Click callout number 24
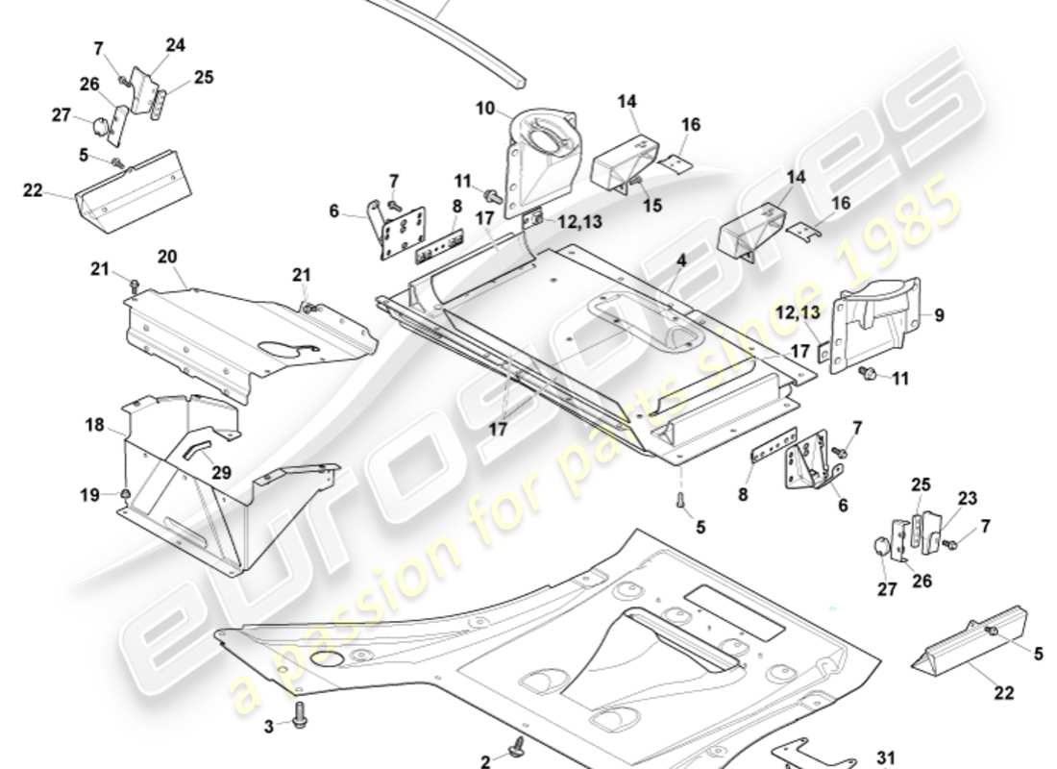click(x=175, y=44)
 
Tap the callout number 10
click(x=485, y=109)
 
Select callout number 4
click(x=680, y=260)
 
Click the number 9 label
click(x=939, y=314)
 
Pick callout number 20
click(x=167, y=257)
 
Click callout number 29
click(x=222, y=473)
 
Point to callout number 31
click(x=885, y=757)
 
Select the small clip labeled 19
click(x=127, y=494)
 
